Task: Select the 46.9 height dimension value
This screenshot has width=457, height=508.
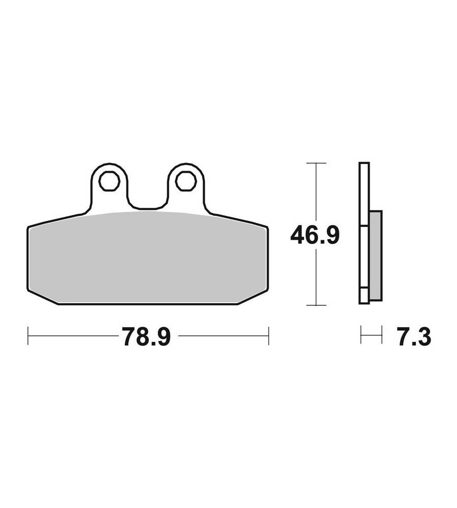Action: tap(315, 235)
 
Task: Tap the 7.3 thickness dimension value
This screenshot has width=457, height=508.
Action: tap(414, 337)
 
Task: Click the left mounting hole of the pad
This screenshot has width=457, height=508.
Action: tap(109, 181)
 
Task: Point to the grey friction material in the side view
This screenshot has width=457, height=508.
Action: tap(375, 255)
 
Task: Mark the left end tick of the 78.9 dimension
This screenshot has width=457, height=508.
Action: tap(28, 336)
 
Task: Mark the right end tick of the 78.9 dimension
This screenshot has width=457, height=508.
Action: tap(269, 336)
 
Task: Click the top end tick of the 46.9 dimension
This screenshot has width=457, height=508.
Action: tap(316, 163)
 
